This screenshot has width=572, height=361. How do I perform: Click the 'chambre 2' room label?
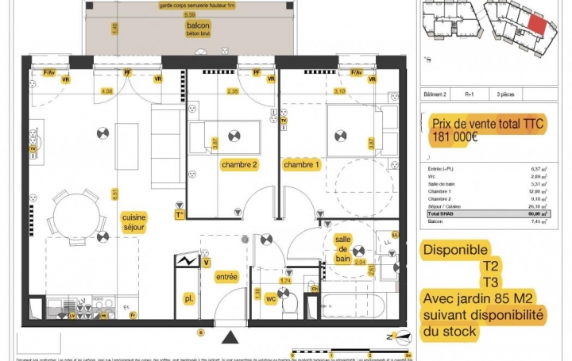pos(239,165)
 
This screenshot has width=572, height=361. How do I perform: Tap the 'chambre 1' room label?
pos(302,164)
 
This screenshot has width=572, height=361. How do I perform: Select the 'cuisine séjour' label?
pos(134,221)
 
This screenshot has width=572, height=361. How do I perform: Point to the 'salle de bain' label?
pos(343,249)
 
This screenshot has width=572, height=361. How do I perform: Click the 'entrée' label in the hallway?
pos(226,276)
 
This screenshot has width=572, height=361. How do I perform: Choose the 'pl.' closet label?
pos(189,299)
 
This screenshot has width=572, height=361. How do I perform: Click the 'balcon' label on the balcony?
pos(187,25)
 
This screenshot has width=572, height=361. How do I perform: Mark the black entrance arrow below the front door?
pos(230,339)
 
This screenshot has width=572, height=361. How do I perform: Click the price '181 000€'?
pos(455,136)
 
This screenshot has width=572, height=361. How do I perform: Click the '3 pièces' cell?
pos(505,94)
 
